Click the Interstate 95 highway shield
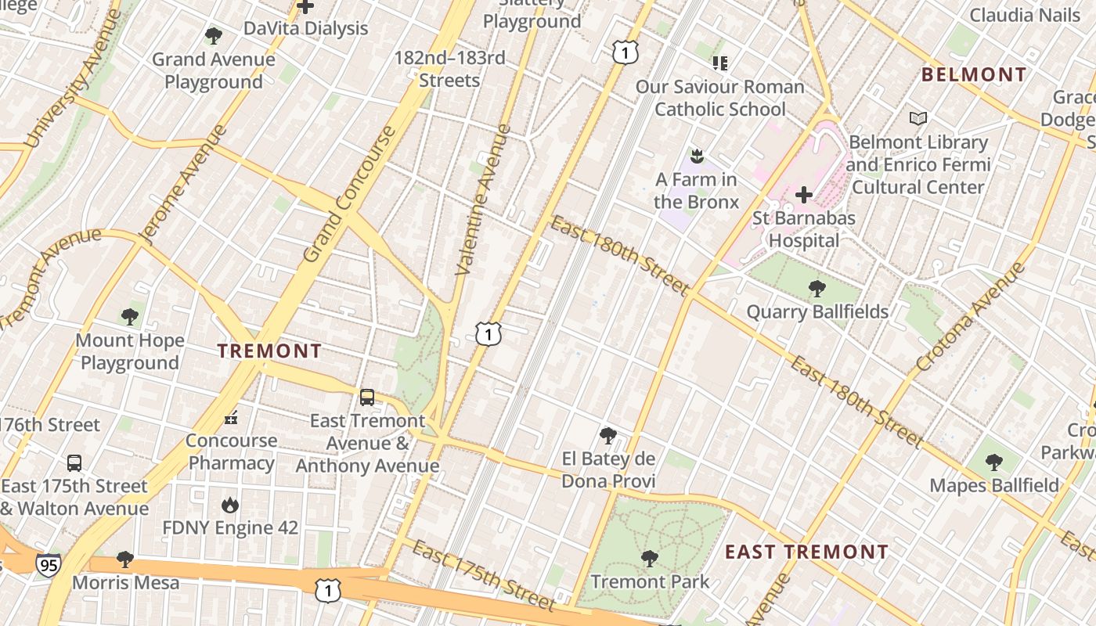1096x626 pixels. (x=49, y=564)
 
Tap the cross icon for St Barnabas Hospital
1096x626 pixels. (x=804, y=194)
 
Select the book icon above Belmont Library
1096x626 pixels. (x=918, y=118)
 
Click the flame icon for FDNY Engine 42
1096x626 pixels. (x=230, y=505)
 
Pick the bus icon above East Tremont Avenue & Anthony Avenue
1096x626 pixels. (x=367, y=398)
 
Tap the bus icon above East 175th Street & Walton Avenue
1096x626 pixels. (x=74, y=462)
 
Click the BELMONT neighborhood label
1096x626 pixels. (x=974, y=75)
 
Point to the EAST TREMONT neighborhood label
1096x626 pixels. (x=806, y=552)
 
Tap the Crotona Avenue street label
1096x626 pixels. (x=970, y=316)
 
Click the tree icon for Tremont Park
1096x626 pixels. (x=649, y=559)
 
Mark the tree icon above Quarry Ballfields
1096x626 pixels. (x=817, y=289)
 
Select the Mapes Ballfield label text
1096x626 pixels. (x=994, y=485)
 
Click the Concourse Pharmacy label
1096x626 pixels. (x=232, y=452)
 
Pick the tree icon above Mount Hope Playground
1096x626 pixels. (x=130, y=317)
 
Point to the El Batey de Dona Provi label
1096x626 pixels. (x=608, y=469)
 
